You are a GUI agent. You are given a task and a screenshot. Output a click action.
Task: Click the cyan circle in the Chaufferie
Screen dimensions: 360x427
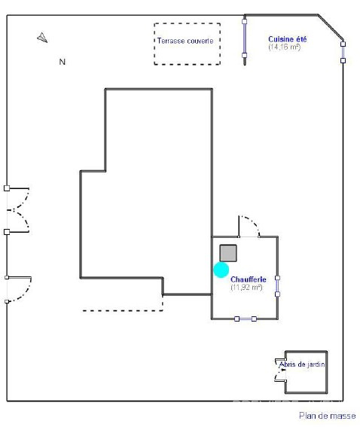(x=221, y=270)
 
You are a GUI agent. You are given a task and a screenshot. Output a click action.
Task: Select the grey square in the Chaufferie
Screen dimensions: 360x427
(x=228, y=253)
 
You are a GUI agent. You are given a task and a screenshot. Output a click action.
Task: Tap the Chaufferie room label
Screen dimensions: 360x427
(x=248, y=279)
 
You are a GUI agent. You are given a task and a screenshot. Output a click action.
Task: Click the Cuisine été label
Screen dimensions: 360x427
(x=287, y=39)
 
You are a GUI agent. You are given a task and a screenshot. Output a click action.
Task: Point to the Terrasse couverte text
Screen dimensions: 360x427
(x=185, y=41)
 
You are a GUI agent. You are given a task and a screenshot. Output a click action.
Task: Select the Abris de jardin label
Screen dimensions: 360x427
(x=302, y=364)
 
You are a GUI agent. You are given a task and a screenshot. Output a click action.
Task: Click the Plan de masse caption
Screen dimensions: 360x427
(x=328, y=416)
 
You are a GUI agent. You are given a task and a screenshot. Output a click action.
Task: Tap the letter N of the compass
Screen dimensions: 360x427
(x=63, y=62)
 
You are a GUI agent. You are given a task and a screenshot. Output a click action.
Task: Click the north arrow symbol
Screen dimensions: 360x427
(x=42, y=38)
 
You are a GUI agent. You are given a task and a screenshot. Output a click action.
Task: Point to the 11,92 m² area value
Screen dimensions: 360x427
(x=246, y=287)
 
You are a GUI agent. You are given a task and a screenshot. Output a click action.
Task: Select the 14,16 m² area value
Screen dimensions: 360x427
(x=284, y=47)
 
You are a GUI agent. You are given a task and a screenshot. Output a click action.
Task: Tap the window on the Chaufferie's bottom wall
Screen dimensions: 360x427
(x=246, y=319)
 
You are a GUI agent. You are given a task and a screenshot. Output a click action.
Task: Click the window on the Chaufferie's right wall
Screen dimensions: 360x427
(x=277, y=286)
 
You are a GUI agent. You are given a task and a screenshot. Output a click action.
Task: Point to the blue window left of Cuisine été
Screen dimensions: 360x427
(x=245, y=38)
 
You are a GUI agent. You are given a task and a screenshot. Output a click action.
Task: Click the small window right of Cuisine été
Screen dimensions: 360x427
(x=343, y=52)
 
